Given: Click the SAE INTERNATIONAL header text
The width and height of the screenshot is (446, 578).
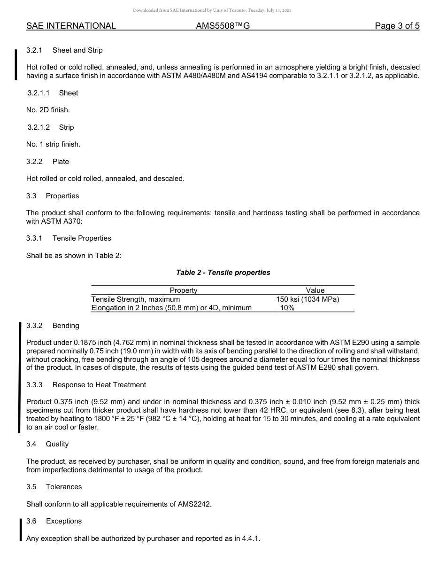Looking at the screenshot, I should (71, 26).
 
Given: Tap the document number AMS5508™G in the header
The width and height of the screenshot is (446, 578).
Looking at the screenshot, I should (223, 26).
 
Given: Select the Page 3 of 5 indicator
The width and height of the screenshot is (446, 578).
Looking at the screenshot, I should (397, 26).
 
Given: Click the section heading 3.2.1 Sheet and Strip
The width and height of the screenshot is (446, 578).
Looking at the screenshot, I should (64, 50).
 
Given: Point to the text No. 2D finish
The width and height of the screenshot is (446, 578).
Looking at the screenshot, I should (48, 110).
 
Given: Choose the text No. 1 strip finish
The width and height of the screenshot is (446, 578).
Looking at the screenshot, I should (53, 144).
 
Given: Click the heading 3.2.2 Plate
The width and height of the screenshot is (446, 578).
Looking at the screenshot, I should (47, 162).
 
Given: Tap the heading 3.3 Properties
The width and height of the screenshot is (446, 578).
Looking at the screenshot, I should (53, 196).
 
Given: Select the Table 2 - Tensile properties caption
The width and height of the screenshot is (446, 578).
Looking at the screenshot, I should (223, 273).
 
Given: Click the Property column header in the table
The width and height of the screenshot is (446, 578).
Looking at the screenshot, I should (183, 290).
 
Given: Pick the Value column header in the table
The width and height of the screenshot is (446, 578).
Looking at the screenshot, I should (315, 290).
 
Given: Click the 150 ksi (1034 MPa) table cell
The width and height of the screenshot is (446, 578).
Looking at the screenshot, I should (308, 299).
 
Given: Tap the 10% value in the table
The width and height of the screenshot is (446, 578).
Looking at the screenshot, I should (287, 308).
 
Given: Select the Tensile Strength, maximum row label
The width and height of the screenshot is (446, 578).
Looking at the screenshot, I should (136, 299).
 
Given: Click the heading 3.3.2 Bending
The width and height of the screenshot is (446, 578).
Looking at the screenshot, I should (53, 326).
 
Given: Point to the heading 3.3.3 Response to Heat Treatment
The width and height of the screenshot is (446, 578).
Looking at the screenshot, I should (86, 385).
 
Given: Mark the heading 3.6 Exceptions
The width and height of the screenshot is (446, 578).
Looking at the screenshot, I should (54, 521).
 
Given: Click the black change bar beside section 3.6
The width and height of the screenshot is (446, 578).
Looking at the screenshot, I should (20, 530).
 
